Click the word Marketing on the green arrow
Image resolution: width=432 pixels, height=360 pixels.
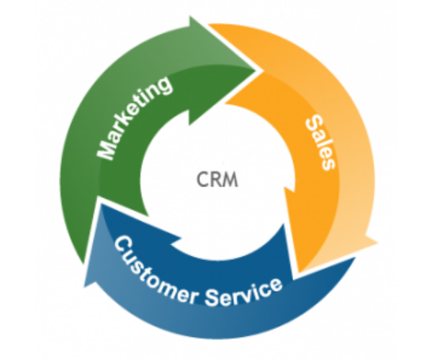pyautogui.click(x=135, y=118)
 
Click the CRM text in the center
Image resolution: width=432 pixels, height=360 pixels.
pyautogui.click(x=216, y=179)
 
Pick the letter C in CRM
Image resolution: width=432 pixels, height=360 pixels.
pyautogui.click(x=202, y=179)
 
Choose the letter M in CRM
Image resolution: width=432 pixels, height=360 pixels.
pyautogui.click(x=230, y=179)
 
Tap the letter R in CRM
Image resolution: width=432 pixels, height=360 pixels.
pyautogui.click(x=215, y=179)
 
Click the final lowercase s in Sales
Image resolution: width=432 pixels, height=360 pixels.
pyautogui.click(x=328, y=163)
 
